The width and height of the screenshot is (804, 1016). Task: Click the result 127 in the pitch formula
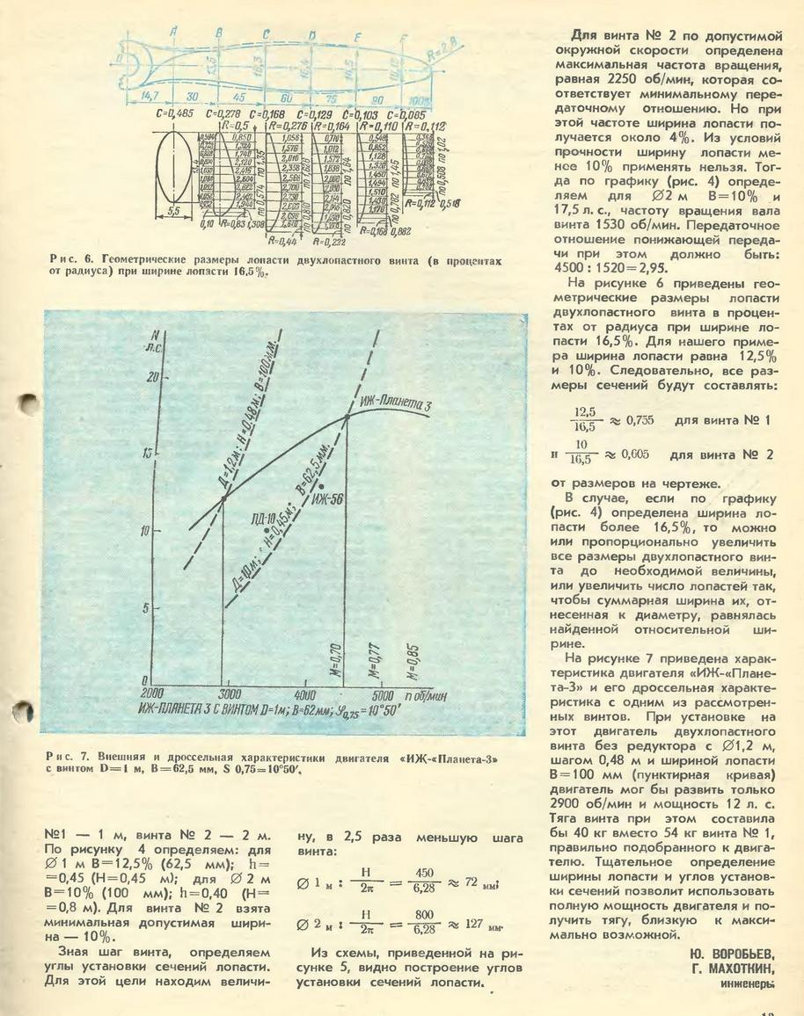coord(474,926)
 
